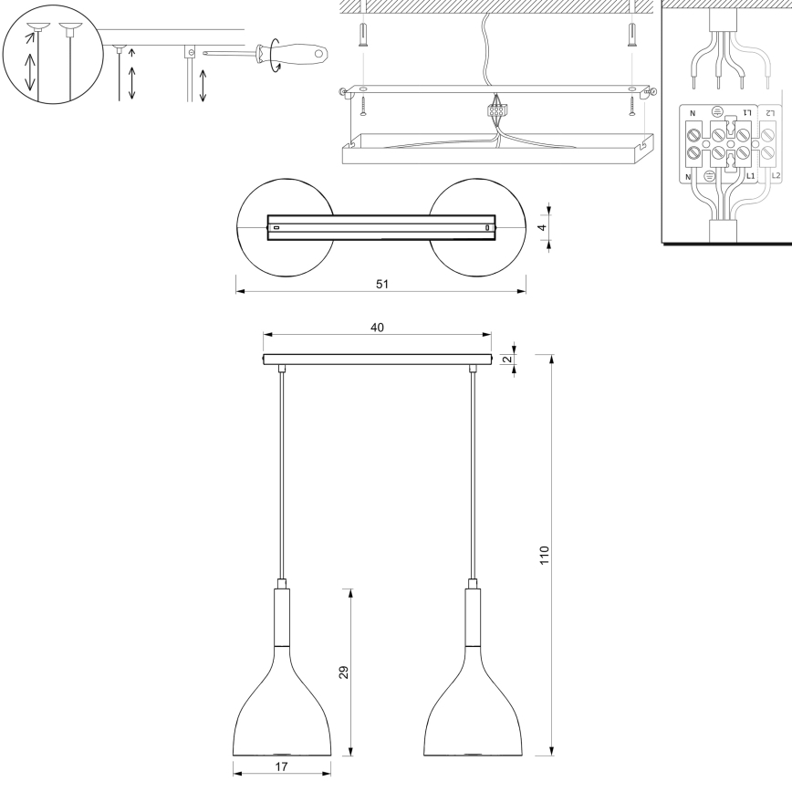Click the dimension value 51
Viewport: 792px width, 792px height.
381,284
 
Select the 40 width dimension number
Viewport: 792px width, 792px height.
377,328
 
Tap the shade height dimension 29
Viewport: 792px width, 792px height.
344,672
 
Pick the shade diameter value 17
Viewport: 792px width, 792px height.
281,767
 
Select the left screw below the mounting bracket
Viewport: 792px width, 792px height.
362,109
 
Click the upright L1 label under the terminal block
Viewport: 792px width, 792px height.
751,173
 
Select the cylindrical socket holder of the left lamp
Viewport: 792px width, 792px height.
282,616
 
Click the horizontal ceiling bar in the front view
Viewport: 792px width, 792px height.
377,360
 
